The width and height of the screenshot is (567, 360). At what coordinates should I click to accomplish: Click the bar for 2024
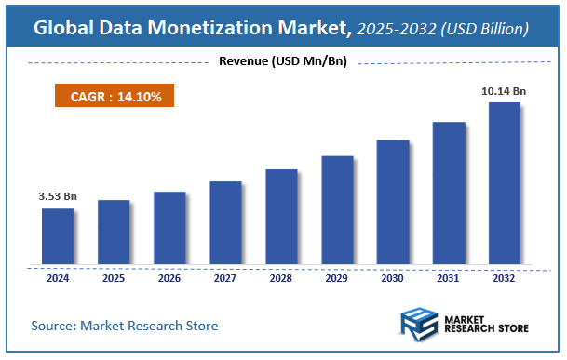click(x=57, y=237)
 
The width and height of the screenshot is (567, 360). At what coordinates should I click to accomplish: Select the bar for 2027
click(x=225, y=223)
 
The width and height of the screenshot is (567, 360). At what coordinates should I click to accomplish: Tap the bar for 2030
click(x=392, y=203)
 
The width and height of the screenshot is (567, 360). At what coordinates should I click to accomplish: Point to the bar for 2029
click(x=337, y=211)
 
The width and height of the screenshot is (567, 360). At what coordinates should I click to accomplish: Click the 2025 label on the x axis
click(x=114, y=277)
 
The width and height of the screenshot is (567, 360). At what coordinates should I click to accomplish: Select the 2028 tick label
click(x=281, y=277)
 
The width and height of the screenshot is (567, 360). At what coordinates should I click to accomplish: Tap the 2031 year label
click(x=449, y=277)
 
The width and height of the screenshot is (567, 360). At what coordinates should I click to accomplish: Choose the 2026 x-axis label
click(x=169, y=277)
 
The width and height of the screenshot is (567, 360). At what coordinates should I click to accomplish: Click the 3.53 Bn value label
click(x=57, y=196)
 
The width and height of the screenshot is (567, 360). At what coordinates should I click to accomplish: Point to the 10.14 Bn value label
click(x=505, y=90)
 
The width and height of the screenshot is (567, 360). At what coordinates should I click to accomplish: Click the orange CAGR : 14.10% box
click(x=108, y=96)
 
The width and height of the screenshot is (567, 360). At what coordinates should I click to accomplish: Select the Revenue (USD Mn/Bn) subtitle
click(x=283, y=62)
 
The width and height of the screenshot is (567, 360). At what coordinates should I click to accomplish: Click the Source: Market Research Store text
click(x=125, y=326)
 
